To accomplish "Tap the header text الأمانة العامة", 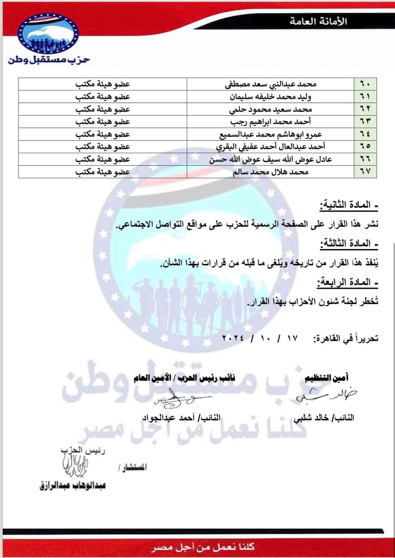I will (318, 21).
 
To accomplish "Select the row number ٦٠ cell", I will (365, 84).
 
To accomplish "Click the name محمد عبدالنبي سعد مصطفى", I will (270, 84).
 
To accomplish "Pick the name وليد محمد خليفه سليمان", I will (270, 97).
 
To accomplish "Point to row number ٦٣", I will (365, 122).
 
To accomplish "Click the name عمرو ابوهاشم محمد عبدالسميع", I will (270, 134).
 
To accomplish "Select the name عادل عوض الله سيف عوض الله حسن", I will (270, 159).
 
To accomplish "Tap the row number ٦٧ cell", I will (365, 172).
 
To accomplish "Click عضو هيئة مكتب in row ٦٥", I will (103, 147).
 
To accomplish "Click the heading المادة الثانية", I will (349, 205).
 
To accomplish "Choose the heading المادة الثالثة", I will (349, 244).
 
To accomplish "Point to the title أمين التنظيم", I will (327, 377).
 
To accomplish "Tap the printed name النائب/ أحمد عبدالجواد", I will (181, 417).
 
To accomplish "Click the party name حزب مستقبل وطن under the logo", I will (49, 60).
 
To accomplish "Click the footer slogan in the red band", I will (203, 547).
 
